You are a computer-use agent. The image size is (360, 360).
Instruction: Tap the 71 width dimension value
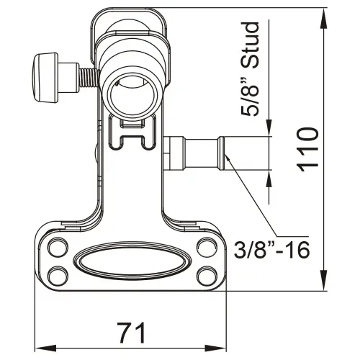click(132, 332)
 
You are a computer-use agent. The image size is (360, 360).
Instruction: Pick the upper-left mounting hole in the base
click(56, 249)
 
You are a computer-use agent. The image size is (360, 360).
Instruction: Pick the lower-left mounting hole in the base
click(56, 274)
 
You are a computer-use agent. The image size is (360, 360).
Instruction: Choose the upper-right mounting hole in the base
click(207, 249)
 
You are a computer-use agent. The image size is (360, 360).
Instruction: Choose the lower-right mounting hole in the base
click(207, 274)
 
